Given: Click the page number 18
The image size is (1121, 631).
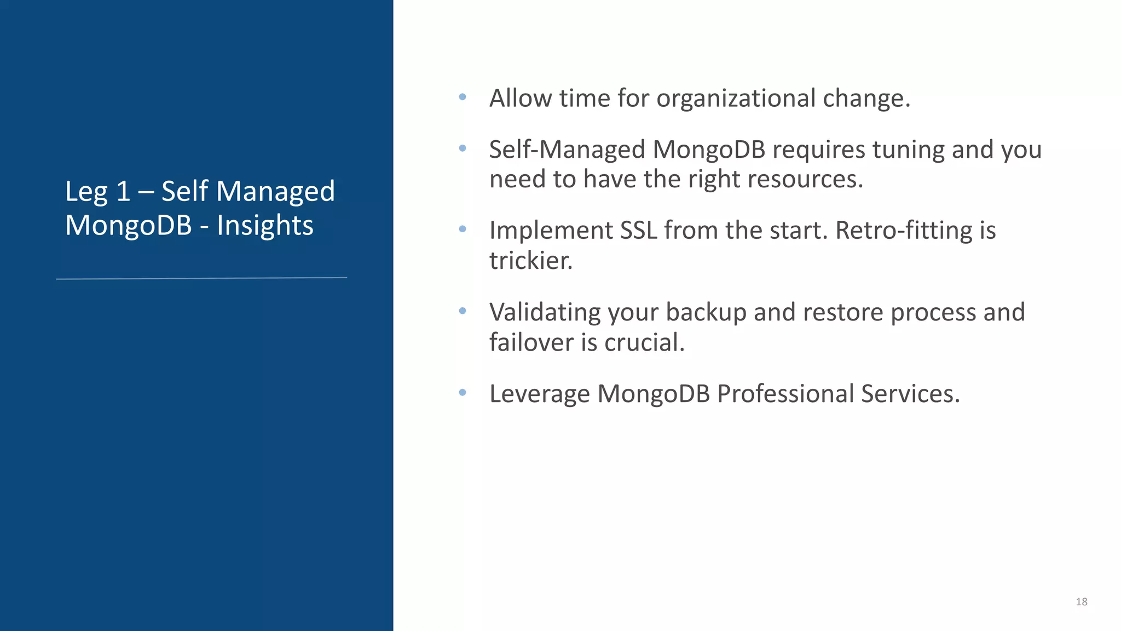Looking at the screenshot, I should [1081, 602].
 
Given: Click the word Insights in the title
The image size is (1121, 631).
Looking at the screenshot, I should [265, 226].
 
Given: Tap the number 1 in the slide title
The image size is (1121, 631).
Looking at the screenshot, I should [123, 192].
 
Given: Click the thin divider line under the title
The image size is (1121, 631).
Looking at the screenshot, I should [201, 278].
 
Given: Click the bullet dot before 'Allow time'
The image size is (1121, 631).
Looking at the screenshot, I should [463, 97].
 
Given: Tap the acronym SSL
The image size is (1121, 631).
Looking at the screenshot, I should [638, 231].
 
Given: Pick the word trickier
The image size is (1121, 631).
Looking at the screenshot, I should [530, 261].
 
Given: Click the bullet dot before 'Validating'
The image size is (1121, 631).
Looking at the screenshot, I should [463, 311].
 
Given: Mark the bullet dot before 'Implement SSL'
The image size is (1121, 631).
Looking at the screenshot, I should [463, 230].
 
